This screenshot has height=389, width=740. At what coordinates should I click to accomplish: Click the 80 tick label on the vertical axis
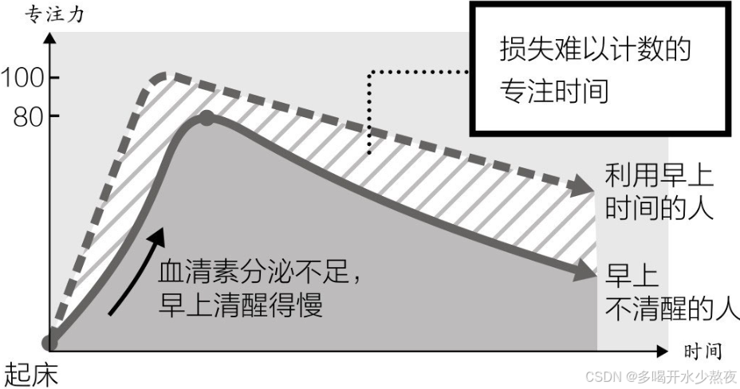31,116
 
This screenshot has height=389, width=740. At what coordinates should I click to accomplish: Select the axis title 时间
702,351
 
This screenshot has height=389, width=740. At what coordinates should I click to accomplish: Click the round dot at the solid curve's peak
207,118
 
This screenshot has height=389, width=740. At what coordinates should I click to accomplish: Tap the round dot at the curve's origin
50,343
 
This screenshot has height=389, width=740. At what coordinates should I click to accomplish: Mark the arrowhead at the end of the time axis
661,350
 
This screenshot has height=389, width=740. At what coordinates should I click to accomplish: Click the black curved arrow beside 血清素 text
137,267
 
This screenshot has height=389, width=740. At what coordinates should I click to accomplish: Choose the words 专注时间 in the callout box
553,91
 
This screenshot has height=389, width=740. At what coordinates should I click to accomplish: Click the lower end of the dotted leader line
369,151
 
